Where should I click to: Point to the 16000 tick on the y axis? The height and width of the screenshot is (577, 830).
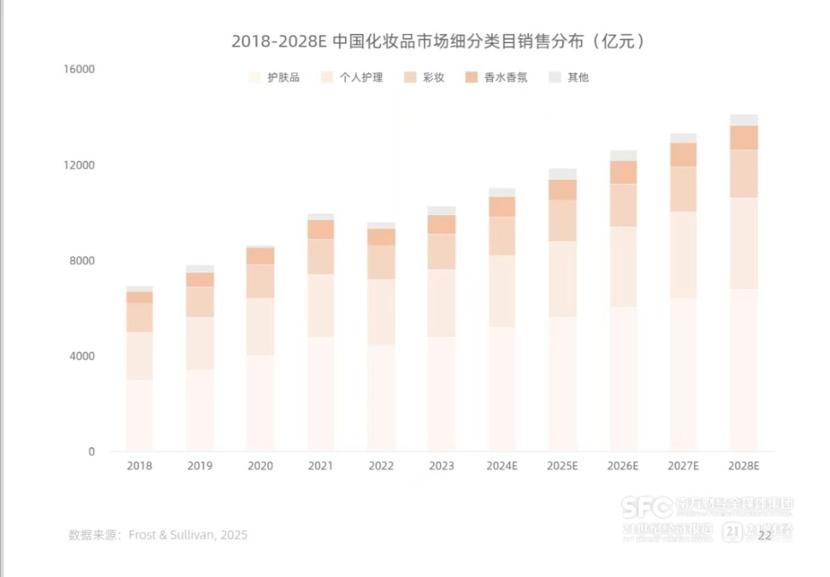pyautogui.click(x=80, y=69)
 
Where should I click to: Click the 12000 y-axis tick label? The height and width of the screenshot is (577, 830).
pyautogui.click(x=80, y=165)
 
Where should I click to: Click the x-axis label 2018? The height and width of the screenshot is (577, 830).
pyautogui.click(x=140, y=466)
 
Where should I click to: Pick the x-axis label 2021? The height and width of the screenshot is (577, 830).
pyautogui.click(x=321, y=466)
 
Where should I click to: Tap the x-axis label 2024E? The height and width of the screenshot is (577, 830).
pyautogui.click(x=502, y=466)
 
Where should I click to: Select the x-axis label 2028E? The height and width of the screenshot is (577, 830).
pyautogui.click(x=743, y=466)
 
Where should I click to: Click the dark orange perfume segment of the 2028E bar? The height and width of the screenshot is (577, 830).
pyautogui.click(x=743, y=137)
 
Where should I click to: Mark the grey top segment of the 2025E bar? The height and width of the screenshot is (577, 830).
pyautogui.click(x=562, y=173)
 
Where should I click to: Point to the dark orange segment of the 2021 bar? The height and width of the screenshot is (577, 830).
pyautogui.click(x=321, y=229)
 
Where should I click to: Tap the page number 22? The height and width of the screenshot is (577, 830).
pyautogui.click(x=764, y=535)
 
